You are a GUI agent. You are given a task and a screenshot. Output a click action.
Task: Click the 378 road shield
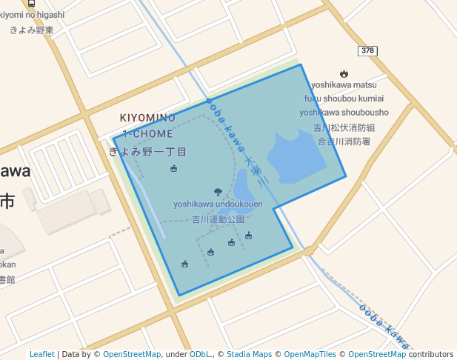pyautogui.click(x=368, y=50)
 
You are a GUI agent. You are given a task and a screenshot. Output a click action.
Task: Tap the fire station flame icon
pyautogui.click(x=344, y=73)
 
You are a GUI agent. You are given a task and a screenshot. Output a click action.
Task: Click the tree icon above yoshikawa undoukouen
pyautogui.click(x=218, y=192)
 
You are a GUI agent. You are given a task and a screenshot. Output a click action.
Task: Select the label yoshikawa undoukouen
pyautogui.click(x=218, y=204)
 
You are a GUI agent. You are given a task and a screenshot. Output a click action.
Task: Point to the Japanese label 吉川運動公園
pyautogui.click(x=218, y=219)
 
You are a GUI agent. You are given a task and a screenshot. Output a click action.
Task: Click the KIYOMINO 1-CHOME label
pyautogui.click(x=148, y=126)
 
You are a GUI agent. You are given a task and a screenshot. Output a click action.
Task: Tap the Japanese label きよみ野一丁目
pyautogui.click(x=147, y=152)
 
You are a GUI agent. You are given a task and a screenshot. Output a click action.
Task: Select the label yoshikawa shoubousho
pyautogui.click(x=344, y=112)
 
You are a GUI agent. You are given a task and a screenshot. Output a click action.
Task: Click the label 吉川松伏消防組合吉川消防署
pyautogui.click(x=344, y=134)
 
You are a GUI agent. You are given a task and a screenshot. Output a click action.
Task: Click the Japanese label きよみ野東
pyautogui.click(x=32, y=30)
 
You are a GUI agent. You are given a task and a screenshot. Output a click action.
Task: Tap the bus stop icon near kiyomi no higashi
pyautogui.click(x=30, y=3)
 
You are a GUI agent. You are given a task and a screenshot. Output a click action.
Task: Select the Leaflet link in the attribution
pyautogui.click(x=42, y=354)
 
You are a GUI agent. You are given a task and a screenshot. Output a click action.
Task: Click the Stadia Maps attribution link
pyautogui.click(x=247, y=354)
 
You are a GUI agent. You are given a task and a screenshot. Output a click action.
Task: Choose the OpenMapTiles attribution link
pyautogui.click(x=310, y=354)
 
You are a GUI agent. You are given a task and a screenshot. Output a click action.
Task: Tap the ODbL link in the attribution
pyautogui.click(x=200, y=354)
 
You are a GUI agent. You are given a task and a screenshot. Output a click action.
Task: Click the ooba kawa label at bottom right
pyautogui.click(x=384, y=326)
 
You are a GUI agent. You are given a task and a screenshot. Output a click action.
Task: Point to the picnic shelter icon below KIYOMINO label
pyautogui.click(x=173, y=168)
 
